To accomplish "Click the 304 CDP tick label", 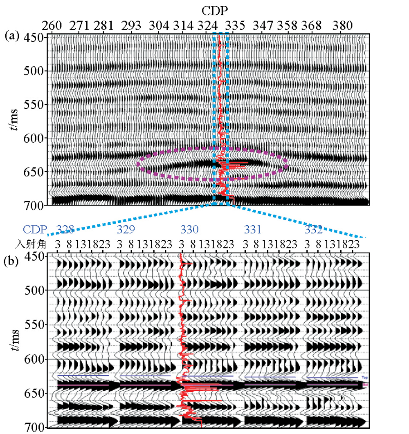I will (x=159, y=25).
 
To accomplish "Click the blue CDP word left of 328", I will (x=36, y=228).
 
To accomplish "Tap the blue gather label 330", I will (x=189, y=228).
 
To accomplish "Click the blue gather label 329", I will (x=126, y=228).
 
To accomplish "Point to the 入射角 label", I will (x=29, y=244).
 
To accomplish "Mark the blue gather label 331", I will (x=253, y=228).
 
